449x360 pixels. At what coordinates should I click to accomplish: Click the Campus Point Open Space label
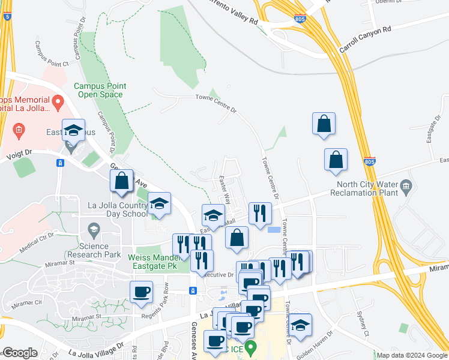(99, 90)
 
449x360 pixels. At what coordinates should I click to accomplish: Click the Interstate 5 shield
(7, 17)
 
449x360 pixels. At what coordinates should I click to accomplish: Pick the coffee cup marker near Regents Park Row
(142, 292)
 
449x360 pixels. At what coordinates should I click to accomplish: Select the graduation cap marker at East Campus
(73, 130)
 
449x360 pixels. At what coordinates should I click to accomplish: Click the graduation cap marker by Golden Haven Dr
(300, 324)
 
